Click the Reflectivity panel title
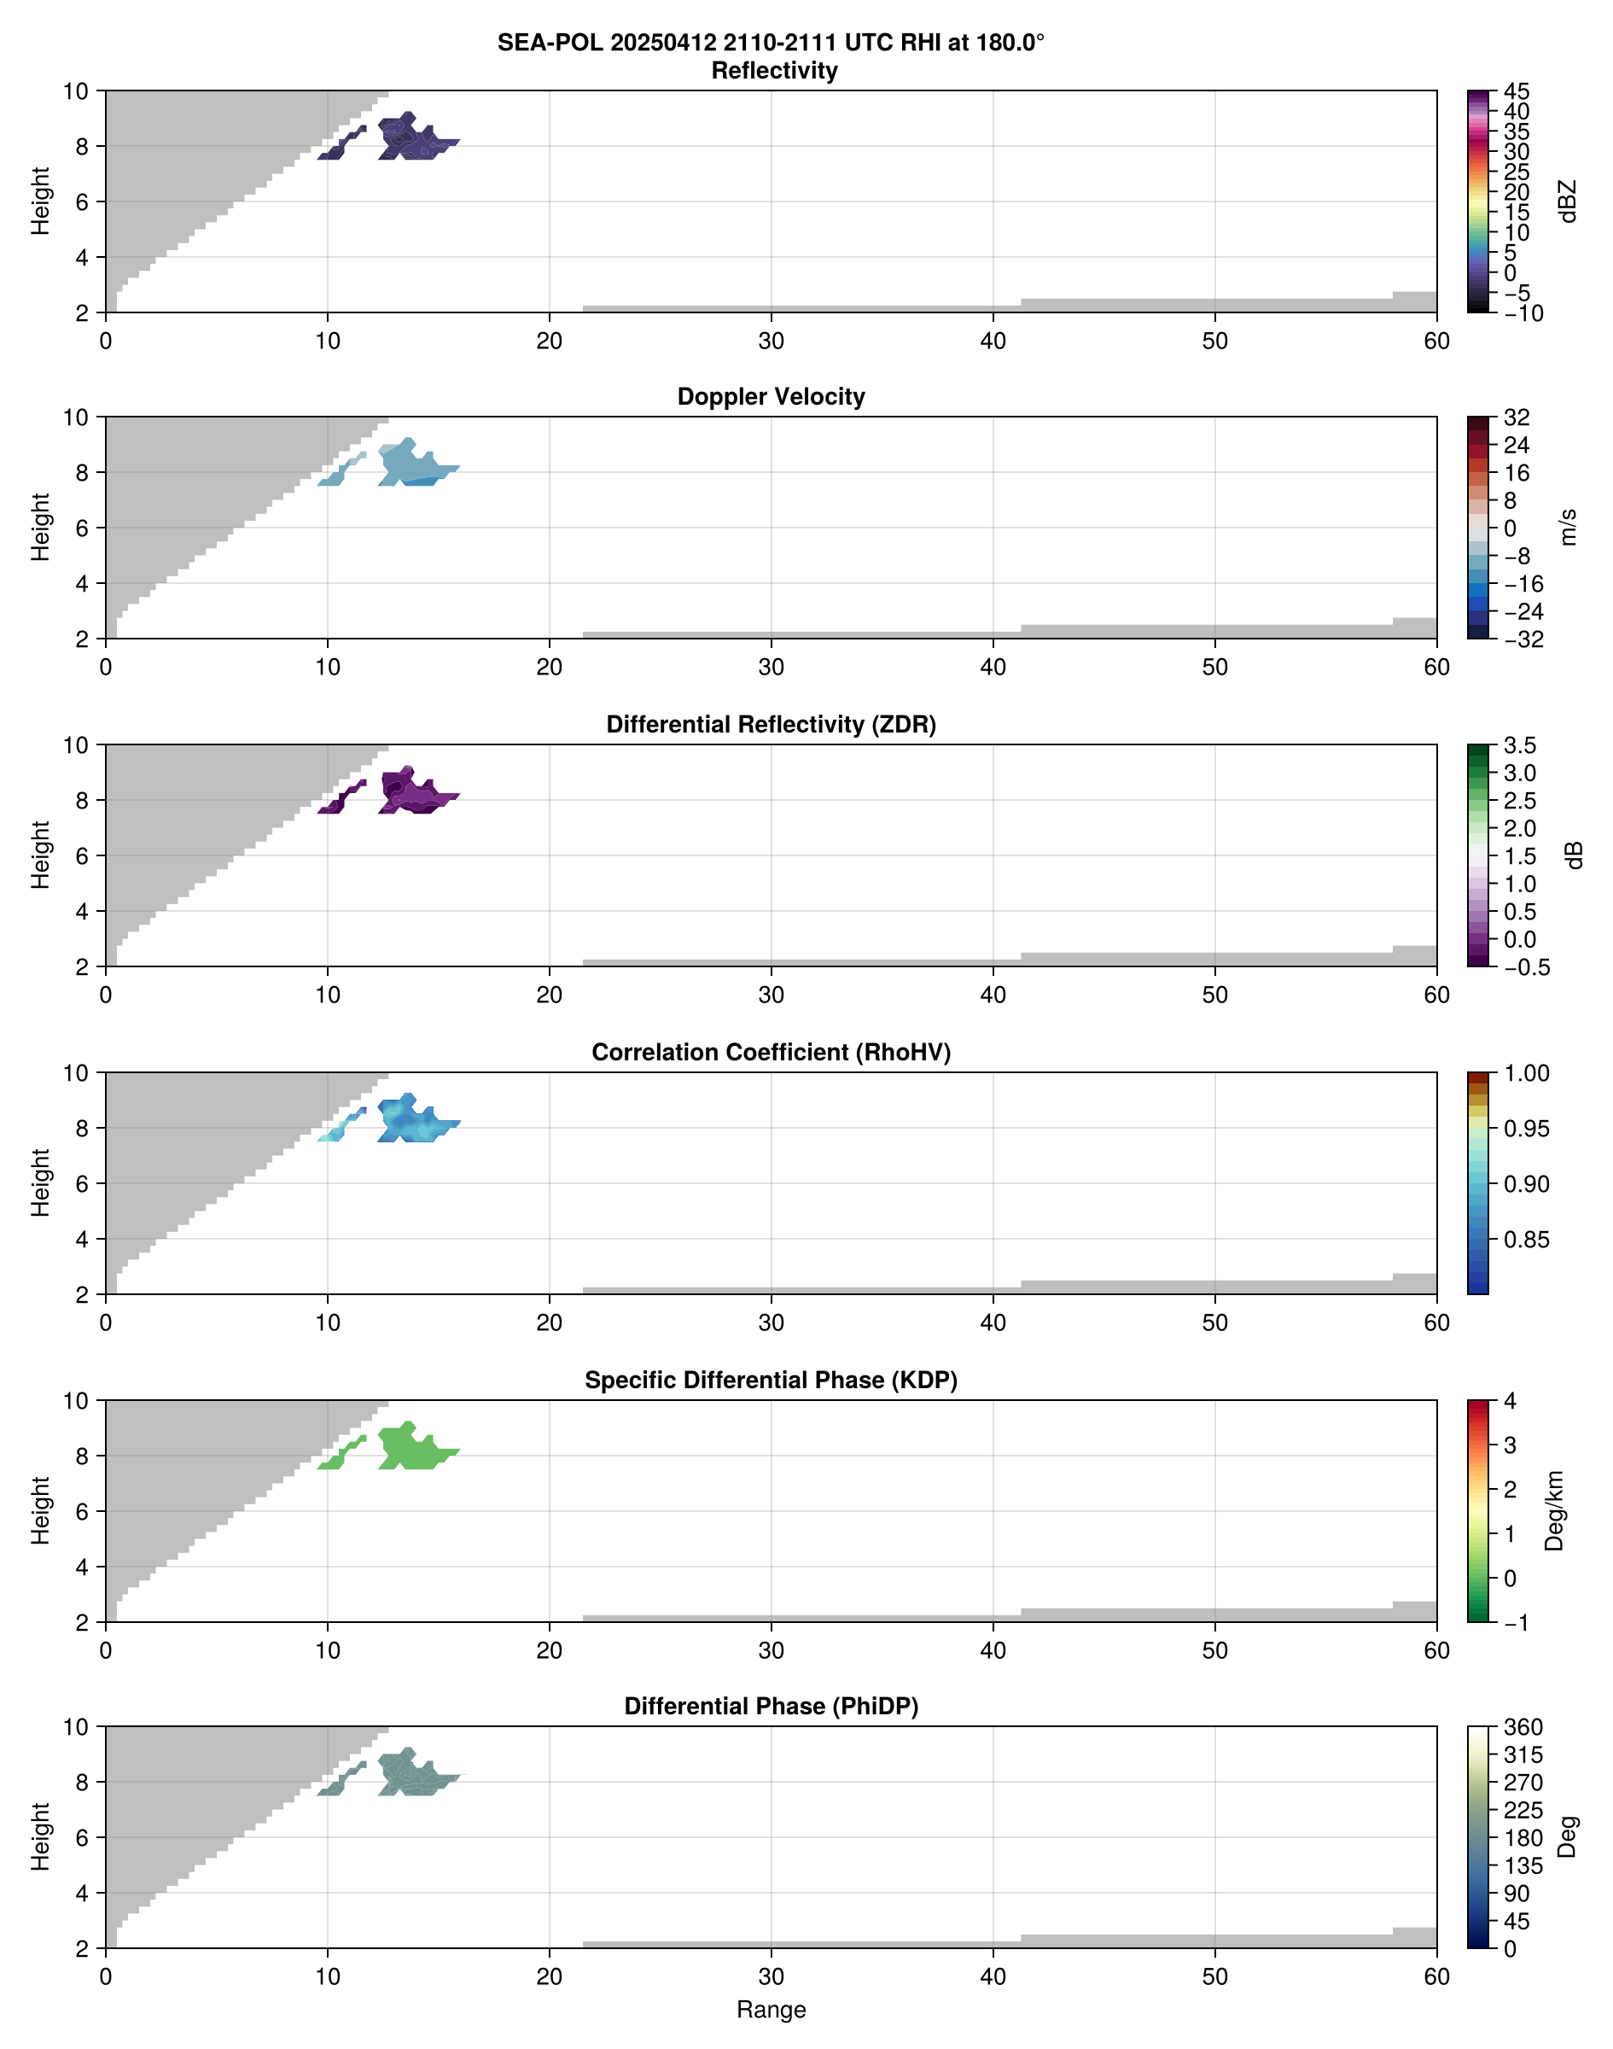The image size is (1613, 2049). point(774,71)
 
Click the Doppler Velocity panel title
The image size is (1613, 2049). point(771,397)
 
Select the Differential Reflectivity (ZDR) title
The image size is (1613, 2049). point(771,725)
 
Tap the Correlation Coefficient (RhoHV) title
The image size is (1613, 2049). point(771,1053)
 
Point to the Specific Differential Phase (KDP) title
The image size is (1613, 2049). point(771,1381)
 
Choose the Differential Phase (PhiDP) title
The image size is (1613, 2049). point(771,1706)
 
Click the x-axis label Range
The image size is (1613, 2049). point(771,2010)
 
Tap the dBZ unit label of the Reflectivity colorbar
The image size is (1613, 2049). point(1569,201)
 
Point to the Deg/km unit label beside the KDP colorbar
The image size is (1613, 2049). point(1553,1511)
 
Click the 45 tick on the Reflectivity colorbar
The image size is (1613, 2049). point(1517,91)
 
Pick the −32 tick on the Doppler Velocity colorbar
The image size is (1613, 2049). point(1523,639)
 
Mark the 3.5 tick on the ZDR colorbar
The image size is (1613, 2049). point(1519,745)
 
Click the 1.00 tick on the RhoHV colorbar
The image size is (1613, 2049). point(1525,1073)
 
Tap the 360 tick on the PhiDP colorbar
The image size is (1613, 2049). point(1523,1728)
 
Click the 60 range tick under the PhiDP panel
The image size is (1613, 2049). point(1436,1976)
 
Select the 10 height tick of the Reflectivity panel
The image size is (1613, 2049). point(76,91)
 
